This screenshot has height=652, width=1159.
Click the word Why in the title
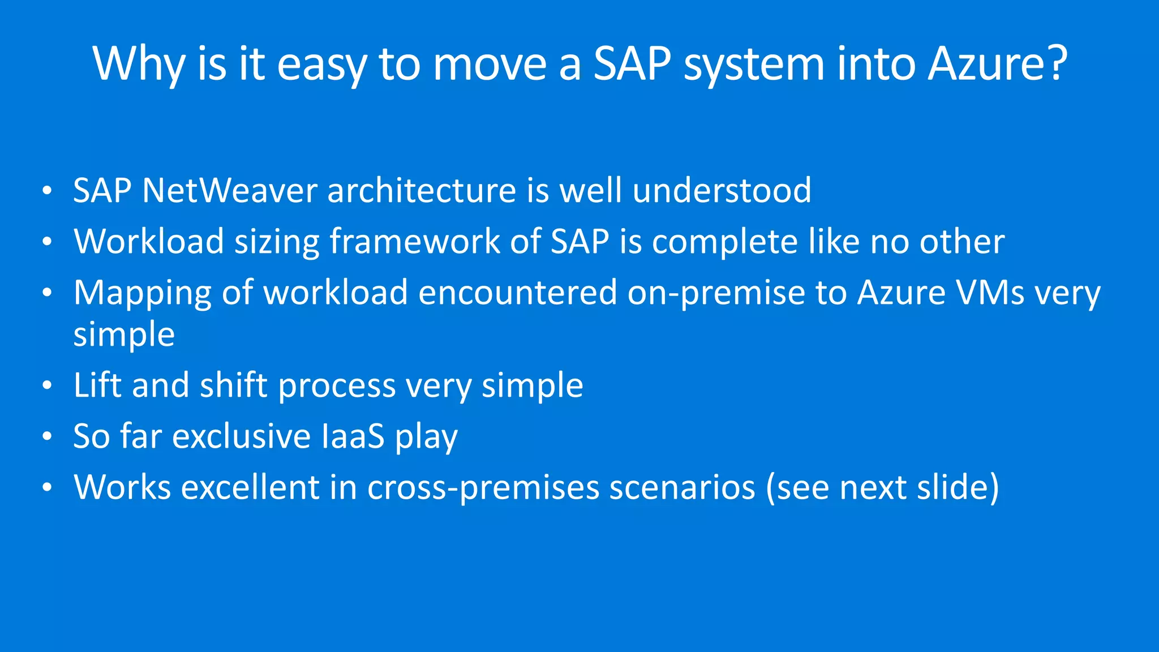[139, 63]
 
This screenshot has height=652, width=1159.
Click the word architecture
[422, 190]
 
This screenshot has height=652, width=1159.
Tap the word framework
[414, 242]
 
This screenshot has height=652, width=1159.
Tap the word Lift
[97, 385]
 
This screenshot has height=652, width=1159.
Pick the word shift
[233, 385]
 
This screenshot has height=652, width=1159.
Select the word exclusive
[241, 436]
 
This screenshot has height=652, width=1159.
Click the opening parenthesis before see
[771, 488]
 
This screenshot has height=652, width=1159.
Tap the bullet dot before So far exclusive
[47, 437]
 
